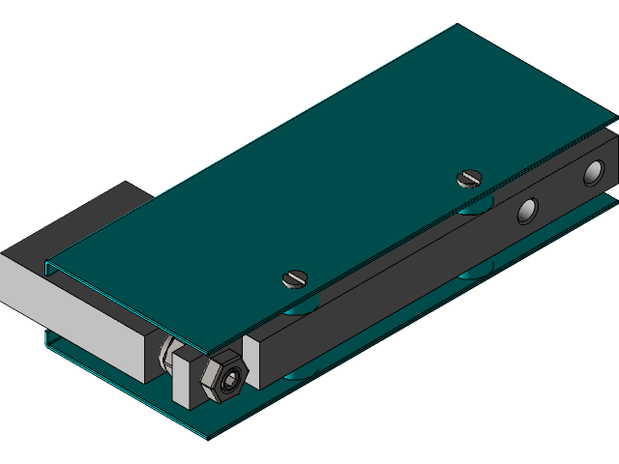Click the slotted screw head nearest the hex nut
pyautogui.click(x=295, y=278)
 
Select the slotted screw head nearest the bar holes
pyautogui.click(x=469, y=177)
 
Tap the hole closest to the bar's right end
pyautogui.click(x=592, y=173)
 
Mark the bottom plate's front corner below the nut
pyautogui.click(x=206, y=438)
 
